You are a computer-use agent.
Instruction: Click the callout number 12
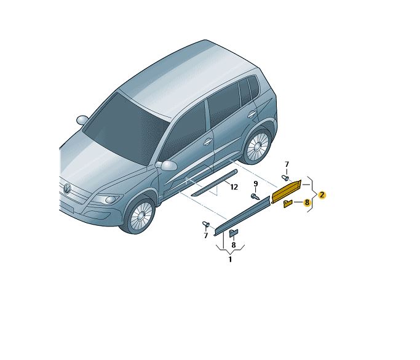pyautogui.click(x=234, y=187)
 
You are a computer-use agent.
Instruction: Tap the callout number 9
pyautogui.click(x=256, y=184)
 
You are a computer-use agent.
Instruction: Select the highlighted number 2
pyautogui.click(x=322, y=195)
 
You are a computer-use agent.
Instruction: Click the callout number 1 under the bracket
pyautogui.click(x=230, y=259)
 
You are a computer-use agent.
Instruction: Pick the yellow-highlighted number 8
pyautogui.click(x=307, y=202)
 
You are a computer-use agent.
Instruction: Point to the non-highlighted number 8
pyautogui.click(x=234, y=245)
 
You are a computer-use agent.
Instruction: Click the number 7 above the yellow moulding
pyautogui.click(x=287, y=164)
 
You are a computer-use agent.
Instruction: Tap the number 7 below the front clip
pyautogui.click(x=206, y=236)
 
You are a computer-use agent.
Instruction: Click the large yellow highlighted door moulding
pyautogui.click(x=287, y=191)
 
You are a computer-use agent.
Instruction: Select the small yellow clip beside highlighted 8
pyautogui.click(x=288, y=204)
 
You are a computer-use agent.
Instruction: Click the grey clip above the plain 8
pyautogui.click(x=234, y=233)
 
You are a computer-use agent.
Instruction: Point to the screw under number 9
pyautogui.click(x=255, y=197)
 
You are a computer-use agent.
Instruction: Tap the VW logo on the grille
pyautogui.click(x=66, y=188)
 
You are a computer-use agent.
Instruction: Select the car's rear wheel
pyautogui.click(x=256, y=146)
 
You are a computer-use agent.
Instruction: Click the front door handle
pyautogui.click(x=207, y=142)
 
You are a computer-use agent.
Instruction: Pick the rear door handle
pyautogui.click(x=252, y=114)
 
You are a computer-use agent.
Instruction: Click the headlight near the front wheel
pyautogui.click(x=107, y=199)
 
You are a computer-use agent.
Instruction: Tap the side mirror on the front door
pyautogui.click(x=168, y=165)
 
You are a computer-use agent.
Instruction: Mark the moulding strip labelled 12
pyautogui.click(x=214, y=183)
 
